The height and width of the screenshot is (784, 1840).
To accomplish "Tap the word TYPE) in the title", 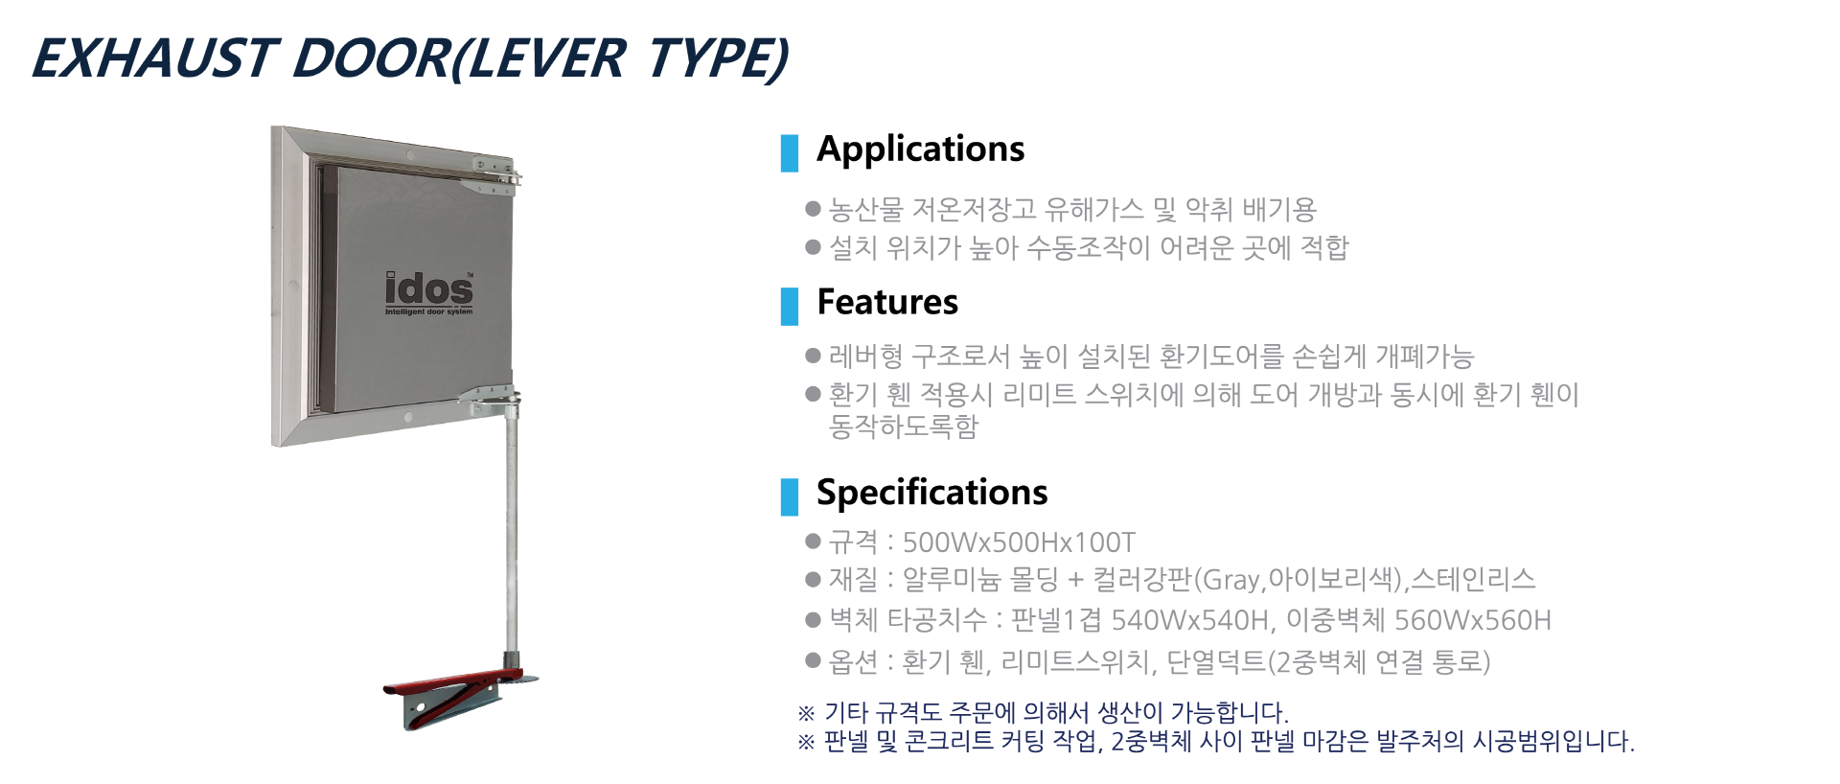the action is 718,58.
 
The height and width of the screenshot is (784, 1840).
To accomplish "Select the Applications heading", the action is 920,150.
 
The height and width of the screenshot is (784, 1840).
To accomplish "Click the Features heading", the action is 887,302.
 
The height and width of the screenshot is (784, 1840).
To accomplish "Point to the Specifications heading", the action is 931,493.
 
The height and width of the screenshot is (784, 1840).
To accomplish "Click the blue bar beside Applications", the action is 790,153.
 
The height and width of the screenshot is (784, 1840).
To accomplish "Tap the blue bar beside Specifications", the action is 790,496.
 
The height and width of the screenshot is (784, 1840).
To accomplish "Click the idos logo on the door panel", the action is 429,293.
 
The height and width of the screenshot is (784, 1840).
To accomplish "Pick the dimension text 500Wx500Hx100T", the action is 1019,542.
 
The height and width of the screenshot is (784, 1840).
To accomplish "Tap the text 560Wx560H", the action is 1472,620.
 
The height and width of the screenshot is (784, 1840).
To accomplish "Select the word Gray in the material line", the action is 1230,580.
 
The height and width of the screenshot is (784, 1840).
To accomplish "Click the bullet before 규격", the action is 814,542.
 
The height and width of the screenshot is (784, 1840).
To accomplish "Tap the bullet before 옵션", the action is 814,659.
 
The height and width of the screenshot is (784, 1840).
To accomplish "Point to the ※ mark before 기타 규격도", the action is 806,713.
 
